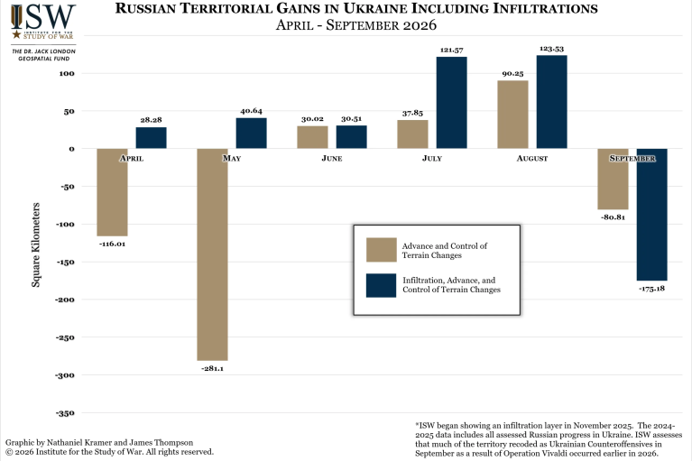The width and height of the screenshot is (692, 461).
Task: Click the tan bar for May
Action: click(x=212, y=254)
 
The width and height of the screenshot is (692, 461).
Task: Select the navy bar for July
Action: click(x=451, y=102)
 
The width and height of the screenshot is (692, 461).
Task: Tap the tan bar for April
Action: click(x=112, y=192)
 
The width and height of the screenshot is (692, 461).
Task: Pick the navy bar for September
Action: click(x=651, y=215)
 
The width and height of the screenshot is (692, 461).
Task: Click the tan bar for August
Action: click(x=512, y=115)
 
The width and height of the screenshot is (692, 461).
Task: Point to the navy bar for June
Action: click(x=351, y=137)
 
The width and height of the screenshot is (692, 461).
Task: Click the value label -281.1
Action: click(x=212, y=368)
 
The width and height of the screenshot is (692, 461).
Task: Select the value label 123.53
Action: click(x=551, y=49)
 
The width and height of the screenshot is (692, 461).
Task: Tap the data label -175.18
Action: click(x=651, y=289)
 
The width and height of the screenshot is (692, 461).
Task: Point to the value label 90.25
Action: click(x=512, y=74)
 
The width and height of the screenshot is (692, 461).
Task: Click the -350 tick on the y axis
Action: click(x=65, y=413)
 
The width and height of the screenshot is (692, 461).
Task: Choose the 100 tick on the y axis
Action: click(x=67, y=74)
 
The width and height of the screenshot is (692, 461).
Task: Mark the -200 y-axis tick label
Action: click(x=65, y=300)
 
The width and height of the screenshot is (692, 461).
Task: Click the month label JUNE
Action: click(x=332, y=159)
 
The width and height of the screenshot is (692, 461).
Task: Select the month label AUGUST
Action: click(x=532, y=159)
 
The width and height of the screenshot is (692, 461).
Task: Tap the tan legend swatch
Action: click(x=382, y=250)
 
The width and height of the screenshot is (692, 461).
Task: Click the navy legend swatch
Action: click(x=382, y=285)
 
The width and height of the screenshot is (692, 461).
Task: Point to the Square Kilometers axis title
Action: click(x=36, y=244)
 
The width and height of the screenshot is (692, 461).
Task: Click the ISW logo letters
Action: click(x=43, y=17)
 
